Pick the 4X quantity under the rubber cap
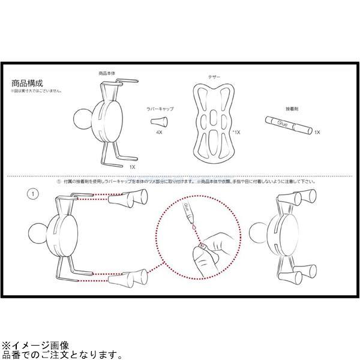[x=159, y=131]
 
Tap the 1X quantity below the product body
[x=133, y=166]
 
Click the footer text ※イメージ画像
[x=35, y=346]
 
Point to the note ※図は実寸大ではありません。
[x=36, y=92]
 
